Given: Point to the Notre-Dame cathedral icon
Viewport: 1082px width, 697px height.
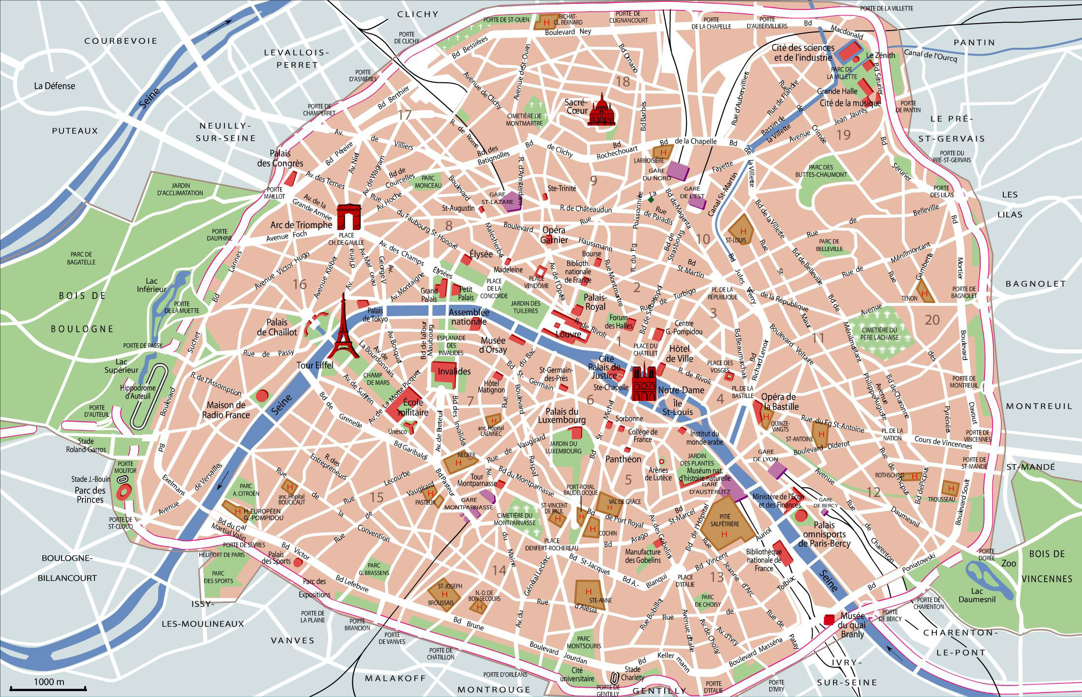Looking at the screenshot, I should pyautogui.click(x=644, y=383).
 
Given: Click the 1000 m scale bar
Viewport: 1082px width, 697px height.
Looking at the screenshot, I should pyautogui.click(x=49, y=688).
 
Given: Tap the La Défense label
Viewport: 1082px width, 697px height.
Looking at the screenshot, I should pyautogui.click(x=55, y=86).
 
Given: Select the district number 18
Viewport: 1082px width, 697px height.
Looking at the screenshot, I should pyautogui.click(x=622, y=82).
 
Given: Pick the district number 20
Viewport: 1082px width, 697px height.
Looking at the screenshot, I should pyautogui.click(x=932, y=320).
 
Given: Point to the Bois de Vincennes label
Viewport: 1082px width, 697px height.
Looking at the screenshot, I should pyautogui.click(x=1046, y=566).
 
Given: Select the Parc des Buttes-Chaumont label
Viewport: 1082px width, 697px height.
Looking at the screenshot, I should pyautogui.click(x=821, y=171).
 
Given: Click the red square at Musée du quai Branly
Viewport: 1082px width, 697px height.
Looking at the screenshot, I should pyautogui.click(x=830, y=619).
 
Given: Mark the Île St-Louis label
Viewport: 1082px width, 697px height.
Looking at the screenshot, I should pyautogui.click(x=677, y=408).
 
